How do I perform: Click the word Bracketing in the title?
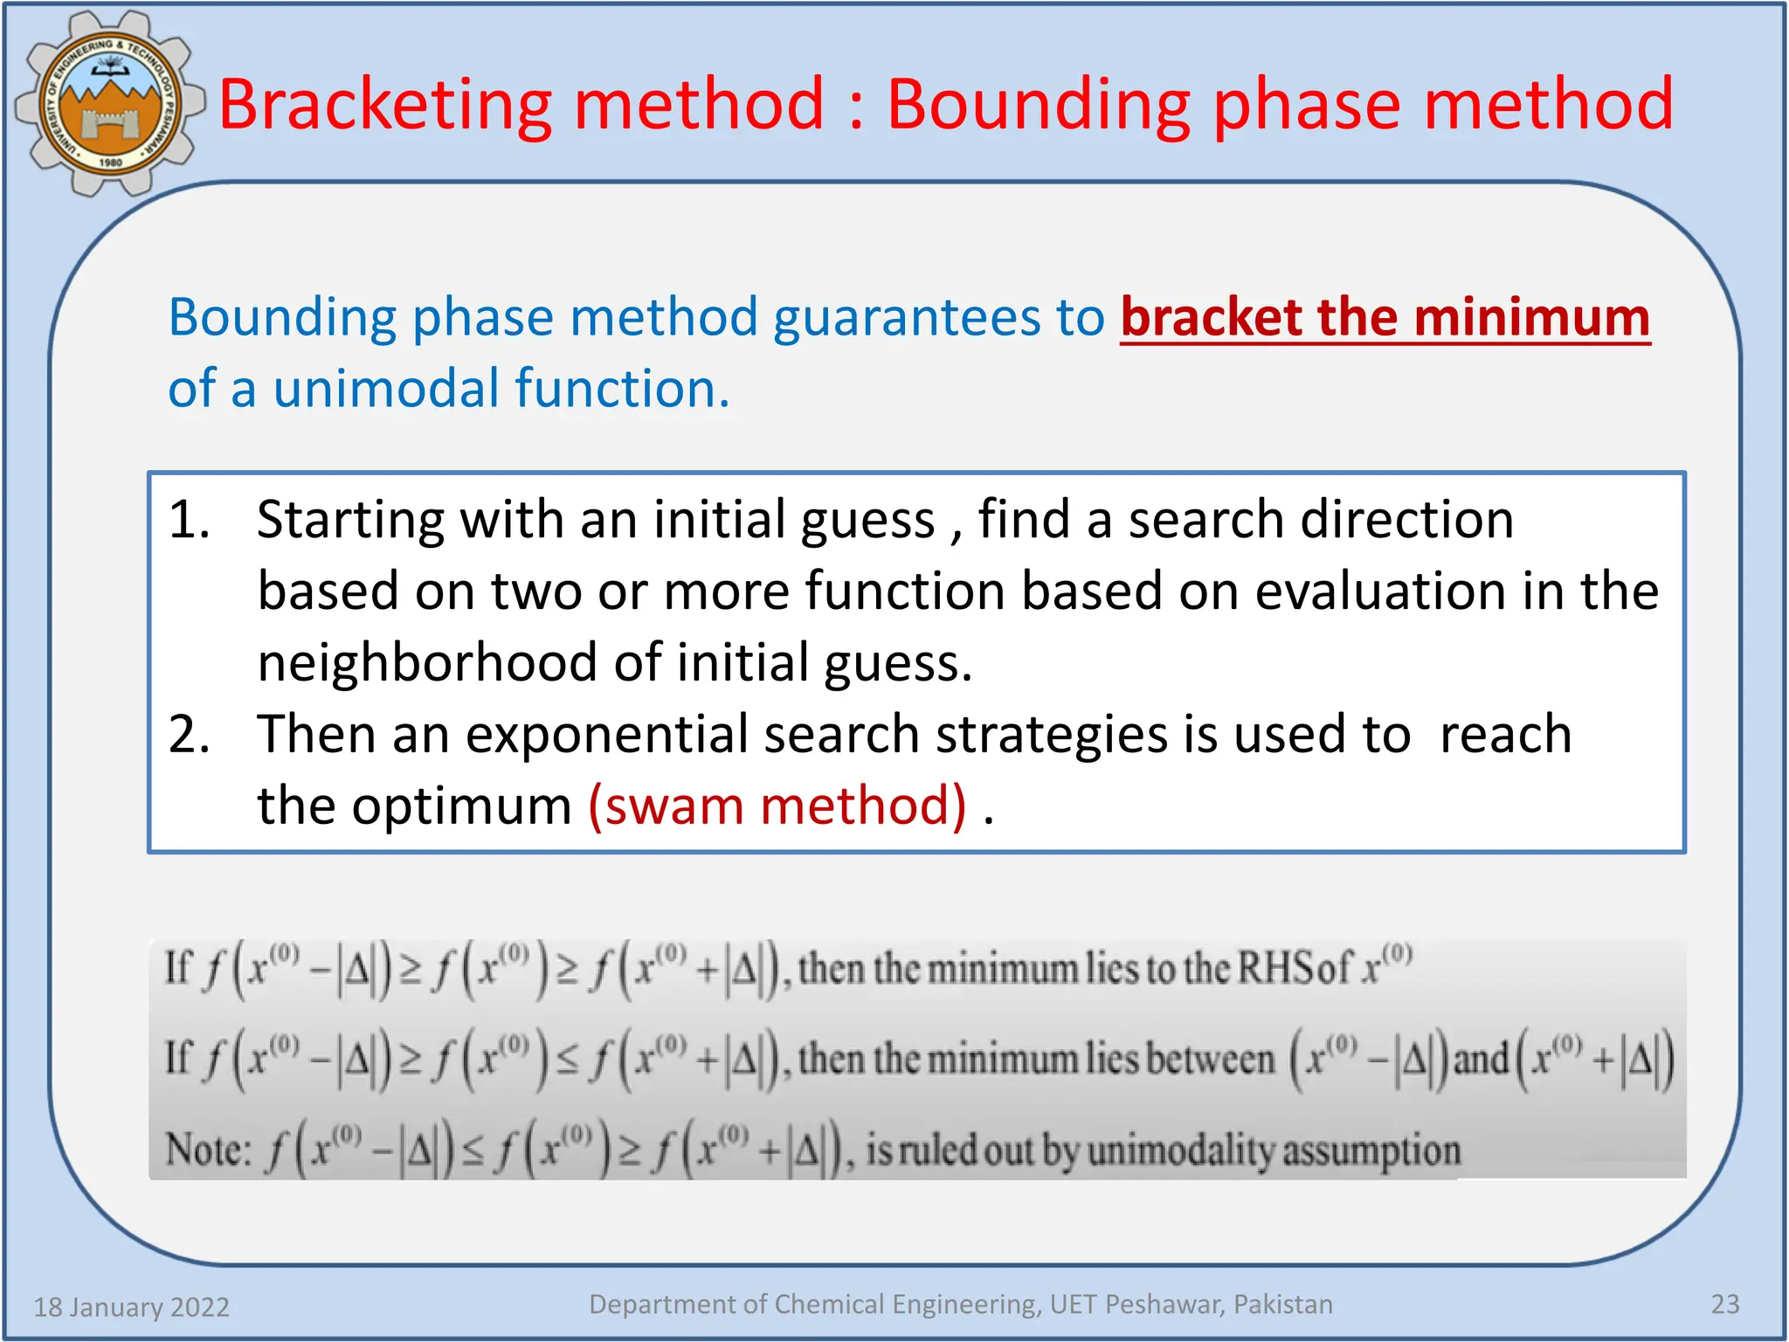tap(384, 105)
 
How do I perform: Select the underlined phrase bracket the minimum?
tap(1385, 317)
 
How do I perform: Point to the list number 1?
tap(189, 520)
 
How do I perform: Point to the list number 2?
tap(189, 734)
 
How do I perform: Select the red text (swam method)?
tap(777, 806)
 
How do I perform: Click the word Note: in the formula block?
tap(208, 1150)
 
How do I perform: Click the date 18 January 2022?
tap(131, 1307)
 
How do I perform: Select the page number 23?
tap(1724, 1304)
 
